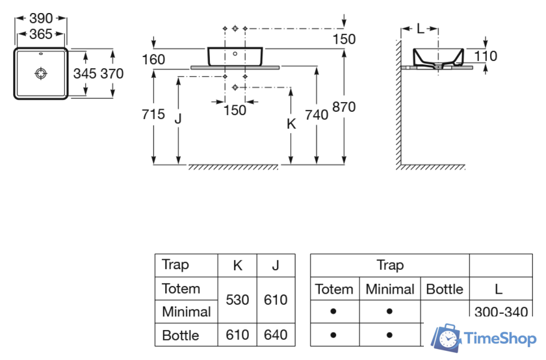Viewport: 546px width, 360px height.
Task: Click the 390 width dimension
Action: [41, 18]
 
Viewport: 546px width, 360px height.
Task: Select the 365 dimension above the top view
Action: [41, 34]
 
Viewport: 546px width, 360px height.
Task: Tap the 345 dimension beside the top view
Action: [85, 73]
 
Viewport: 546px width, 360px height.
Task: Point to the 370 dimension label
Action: [112, 73]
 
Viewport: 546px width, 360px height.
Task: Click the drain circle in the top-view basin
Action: [41, 73]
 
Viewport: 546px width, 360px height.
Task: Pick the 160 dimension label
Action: [153, 60]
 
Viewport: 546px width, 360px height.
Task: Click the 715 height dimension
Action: [153, 114]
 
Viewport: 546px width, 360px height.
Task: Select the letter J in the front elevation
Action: [177, 118]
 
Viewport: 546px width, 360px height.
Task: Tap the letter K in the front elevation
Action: [291, 123]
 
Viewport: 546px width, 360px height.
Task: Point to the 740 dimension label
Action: [317, 114]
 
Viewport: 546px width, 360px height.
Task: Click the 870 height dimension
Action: [344, 107]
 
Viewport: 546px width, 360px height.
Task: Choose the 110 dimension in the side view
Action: [486, 57]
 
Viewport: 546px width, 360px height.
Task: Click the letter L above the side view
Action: [421, 29]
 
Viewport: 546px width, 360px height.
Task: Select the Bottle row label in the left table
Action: [181, 335]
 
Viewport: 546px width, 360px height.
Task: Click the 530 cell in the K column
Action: [237, 300]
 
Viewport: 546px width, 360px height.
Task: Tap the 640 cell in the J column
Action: [276, 335]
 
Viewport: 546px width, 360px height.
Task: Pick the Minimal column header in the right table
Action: [390, 289]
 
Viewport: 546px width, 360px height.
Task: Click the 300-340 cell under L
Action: [501, 312]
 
